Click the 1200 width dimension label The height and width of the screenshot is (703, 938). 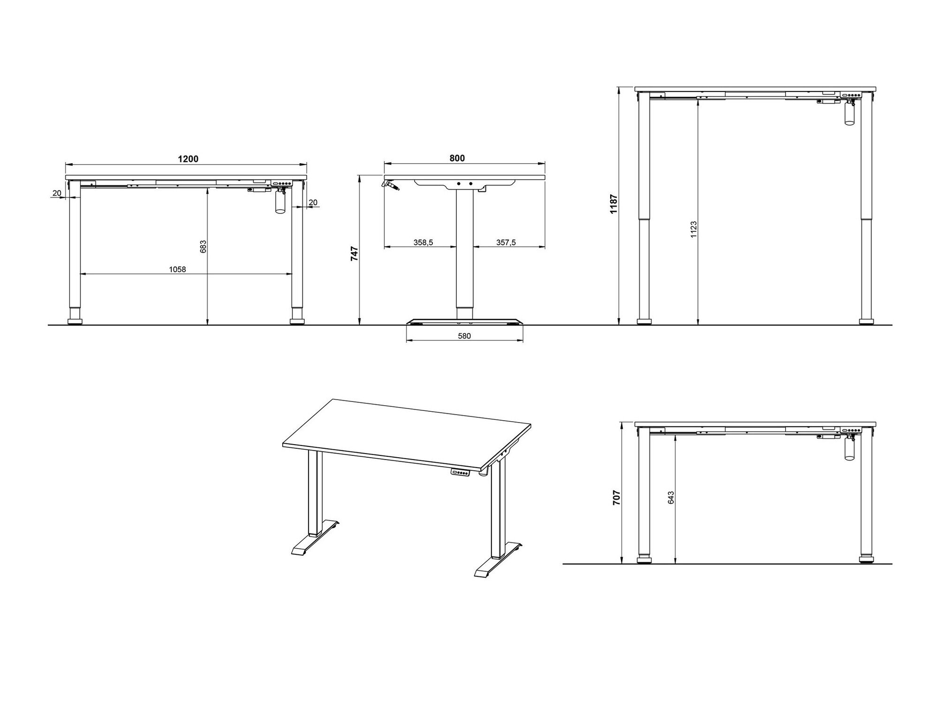point(188,159)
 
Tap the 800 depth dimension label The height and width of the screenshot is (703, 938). point(457,158)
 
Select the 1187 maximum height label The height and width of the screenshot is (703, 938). point(614,204)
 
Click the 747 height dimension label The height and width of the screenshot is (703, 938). point(355,254)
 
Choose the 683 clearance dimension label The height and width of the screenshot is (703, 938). point(203,247)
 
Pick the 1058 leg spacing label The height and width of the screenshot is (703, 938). point(178,269)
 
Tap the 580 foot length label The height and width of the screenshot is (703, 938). point(464,336)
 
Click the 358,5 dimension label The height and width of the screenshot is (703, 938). point(423,242)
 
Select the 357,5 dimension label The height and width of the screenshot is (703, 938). point(506,242)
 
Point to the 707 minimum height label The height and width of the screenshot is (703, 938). point(617,497)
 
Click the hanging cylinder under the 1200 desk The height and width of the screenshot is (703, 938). point(280,204)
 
